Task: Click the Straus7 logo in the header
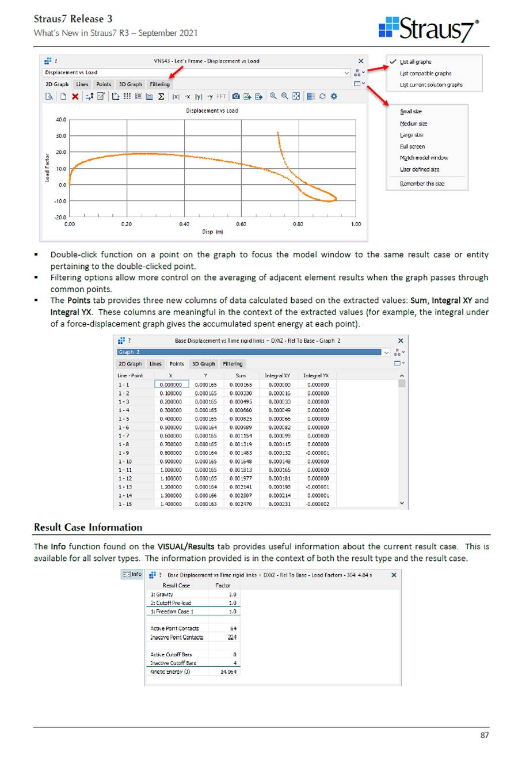[x=429, y=29]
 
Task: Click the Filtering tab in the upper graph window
[x=159, y=84]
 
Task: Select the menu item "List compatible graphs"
[x=426, y=73]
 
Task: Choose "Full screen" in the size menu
[x=412, y=146]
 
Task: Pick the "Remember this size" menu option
[x=422, y=184]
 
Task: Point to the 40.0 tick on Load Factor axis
[x=61, y=120]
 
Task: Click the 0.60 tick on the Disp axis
[x=241, y=224]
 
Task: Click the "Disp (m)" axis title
[x=212, y=232]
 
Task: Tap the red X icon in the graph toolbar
[x=75, y=97]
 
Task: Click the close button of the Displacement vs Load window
[x=361, y=61]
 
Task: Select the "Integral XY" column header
[x=277, y=375]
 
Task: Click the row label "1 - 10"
[x=125, y=461]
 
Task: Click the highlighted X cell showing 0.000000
[x=170, y=384]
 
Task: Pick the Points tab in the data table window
[x=176, y=364]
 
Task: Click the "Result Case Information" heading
[x=88, y=527]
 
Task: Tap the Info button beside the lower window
[x=132, y=574]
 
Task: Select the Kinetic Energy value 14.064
[x=228, y=671]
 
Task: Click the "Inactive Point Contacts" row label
[x=176, y=637]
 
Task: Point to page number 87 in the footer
[x=484, y=735]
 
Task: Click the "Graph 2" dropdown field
[x=249, y=352]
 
